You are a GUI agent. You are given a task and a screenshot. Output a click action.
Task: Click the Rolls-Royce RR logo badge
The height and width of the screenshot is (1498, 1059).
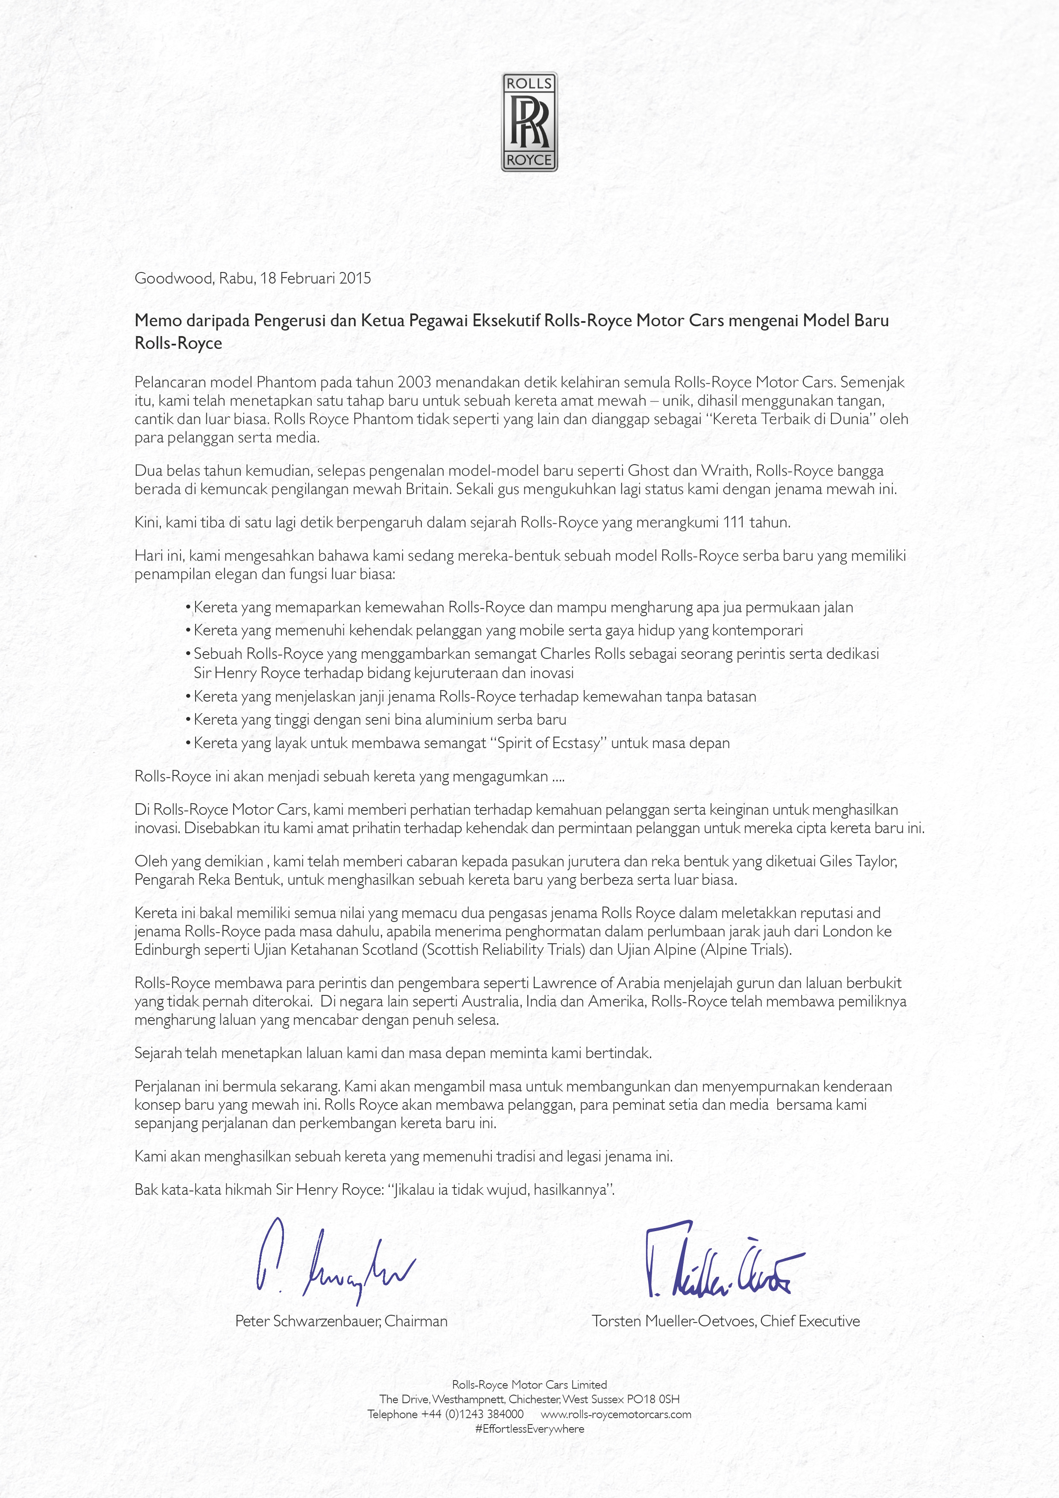pos(529,122)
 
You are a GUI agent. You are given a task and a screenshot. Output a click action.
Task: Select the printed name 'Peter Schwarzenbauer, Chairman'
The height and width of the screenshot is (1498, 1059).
pos(341,1321)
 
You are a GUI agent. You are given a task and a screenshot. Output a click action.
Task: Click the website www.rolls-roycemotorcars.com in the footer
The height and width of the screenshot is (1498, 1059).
pos(615,1414)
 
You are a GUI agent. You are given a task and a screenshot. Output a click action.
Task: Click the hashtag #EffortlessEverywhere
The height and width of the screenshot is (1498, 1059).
pos(529,1429)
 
